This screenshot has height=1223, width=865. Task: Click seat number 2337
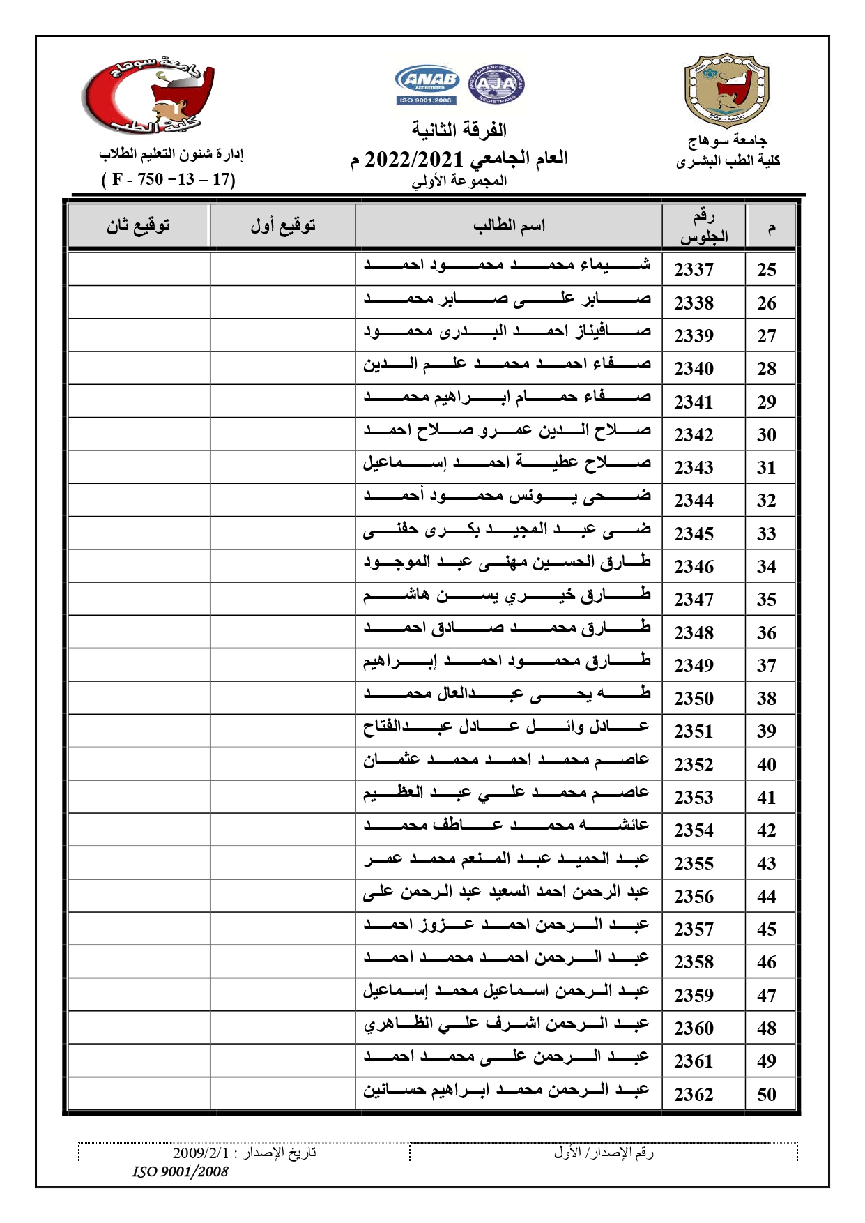(694, 270)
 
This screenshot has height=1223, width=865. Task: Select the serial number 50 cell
(766, 1094)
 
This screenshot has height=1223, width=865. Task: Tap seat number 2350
(694, 699)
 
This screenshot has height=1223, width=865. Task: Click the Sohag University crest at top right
(727, 91)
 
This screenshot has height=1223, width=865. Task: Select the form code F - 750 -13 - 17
(169, 179)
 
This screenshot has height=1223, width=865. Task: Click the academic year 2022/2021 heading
(459, 159)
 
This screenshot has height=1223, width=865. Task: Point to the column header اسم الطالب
(509, 225)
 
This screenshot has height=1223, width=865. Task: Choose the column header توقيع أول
(283, 225)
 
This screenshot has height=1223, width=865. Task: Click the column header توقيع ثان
(138, 225)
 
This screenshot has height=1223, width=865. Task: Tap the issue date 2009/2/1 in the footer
(244, 1153)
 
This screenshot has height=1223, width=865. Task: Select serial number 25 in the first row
(766, 270)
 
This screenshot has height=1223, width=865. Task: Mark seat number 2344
(694, 501)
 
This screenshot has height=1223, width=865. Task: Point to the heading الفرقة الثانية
(459, 130)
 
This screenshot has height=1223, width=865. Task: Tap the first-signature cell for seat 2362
(282, 1093)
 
